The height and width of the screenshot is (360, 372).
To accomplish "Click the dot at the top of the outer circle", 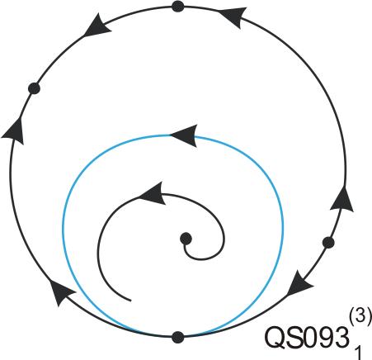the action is (177, 7).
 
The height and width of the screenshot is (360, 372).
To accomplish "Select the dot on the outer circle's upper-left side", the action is (34, 88).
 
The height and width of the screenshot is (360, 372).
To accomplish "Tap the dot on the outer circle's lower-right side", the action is (328, 243).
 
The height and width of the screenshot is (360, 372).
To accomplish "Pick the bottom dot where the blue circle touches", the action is (177, 337).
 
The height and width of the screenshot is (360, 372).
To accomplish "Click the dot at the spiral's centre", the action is (186, 239).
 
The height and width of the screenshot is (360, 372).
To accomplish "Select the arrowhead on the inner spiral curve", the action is (152, 193).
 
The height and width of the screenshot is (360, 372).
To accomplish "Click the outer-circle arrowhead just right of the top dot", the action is (233, 17).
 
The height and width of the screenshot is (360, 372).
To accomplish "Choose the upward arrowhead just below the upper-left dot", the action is (14, 130).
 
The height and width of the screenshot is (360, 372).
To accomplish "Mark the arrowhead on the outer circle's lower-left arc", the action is (61, 292).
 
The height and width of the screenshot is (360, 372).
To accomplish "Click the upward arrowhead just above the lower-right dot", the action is (342, 199).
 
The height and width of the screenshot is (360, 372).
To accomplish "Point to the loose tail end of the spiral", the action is (130, 301).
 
